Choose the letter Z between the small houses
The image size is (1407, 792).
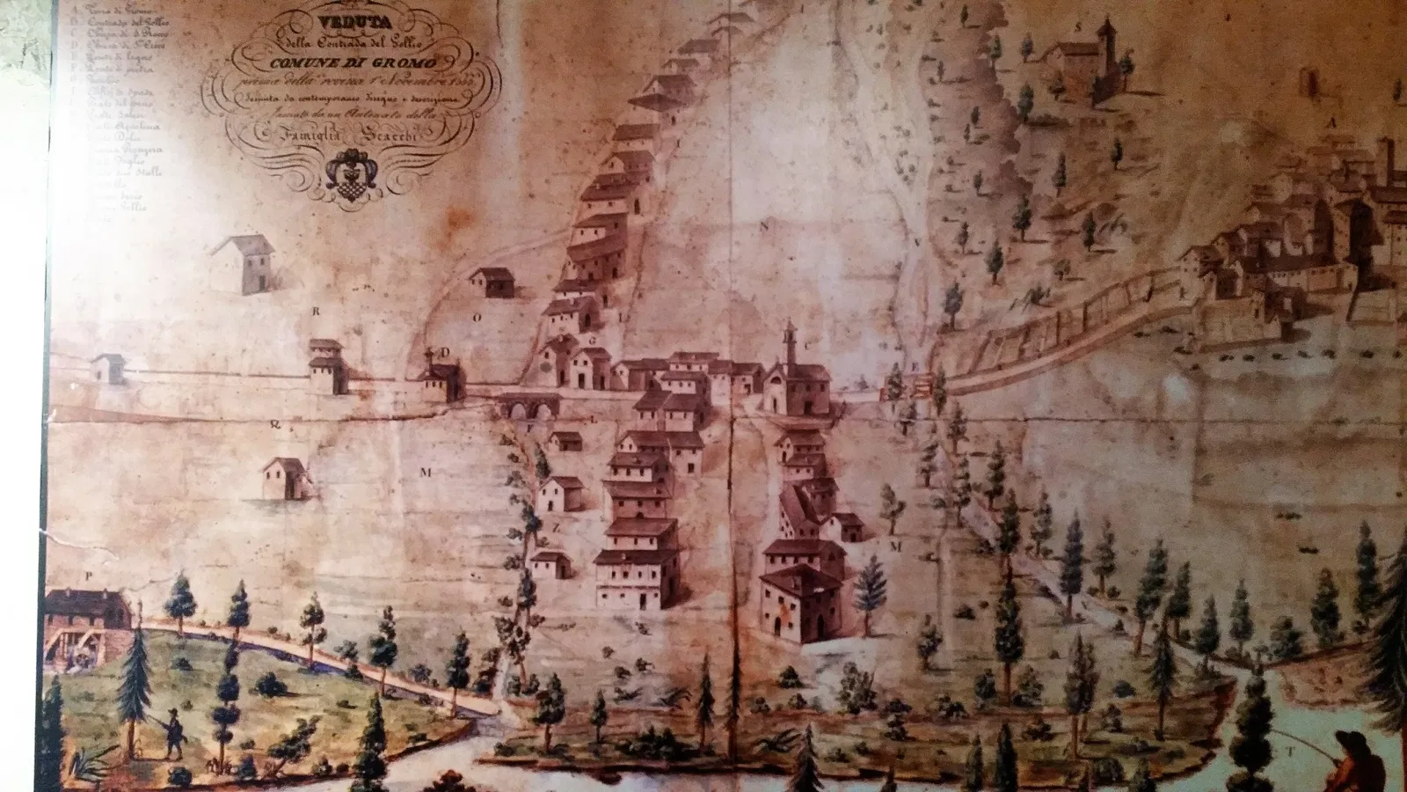555,528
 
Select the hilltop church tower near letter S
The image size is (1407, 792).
1106,40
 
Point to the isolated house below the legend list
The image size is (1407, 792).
243,262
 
